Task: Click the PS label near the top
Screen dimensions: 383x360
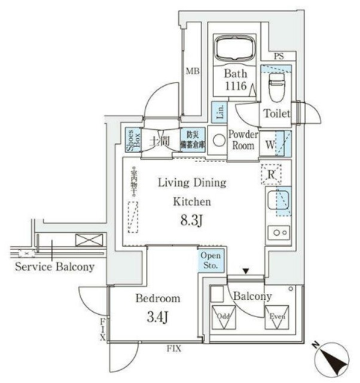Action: pos(278,57)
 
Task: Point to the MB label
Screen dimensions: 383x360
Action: pos(191,71)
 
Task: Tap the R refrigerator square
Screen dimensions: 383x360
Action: pos(270,174)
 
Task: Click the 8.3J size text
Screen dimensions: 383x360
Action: pos(191,223)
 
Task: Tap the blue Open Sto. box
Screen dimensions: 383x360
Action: pos(212,260)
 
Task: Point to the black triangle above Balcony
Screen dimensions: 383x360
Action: pos(246,271)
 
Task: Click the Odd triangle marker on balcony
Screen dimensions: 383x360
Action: pos(222,317)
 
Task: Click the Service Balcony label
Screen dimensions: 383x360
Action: pos(54,267)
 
